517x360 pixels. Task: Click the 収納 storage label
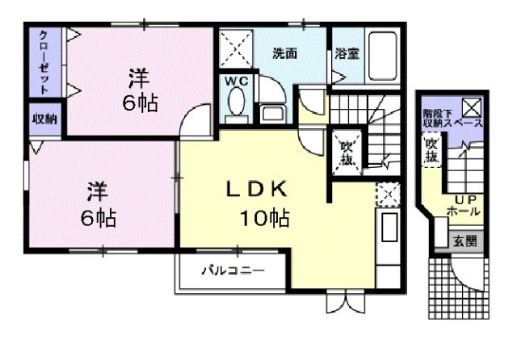[x=44, y=119]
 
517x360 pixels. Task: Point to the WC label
[x=236, y=82]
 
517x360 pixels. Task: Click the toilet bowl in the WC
[x=236, y=103]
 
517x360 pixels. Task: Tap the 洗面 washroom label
[x=284, y=55]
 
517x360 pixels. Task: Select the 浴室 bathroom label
[x=347, y=55]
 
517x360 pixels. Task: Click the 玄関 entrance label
[x=464, y=240]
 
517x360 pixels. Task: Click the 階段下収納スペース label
[x=452, y=119]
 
